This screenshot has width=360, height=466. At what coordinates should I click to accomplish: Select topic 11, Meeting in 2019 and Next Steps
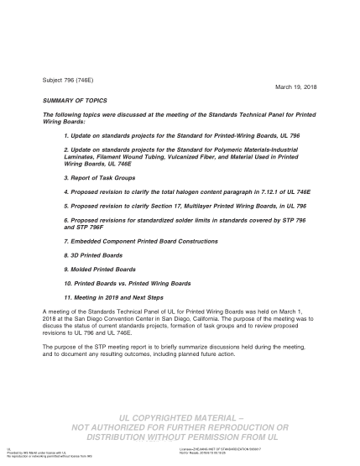[x=117, y=298]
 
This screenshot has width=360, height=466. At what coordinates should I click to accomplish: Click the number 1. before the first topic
[x=66, y=134]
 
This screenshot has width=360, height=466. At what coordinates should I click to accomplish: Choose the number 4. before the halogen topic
[x=66, y=191]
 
